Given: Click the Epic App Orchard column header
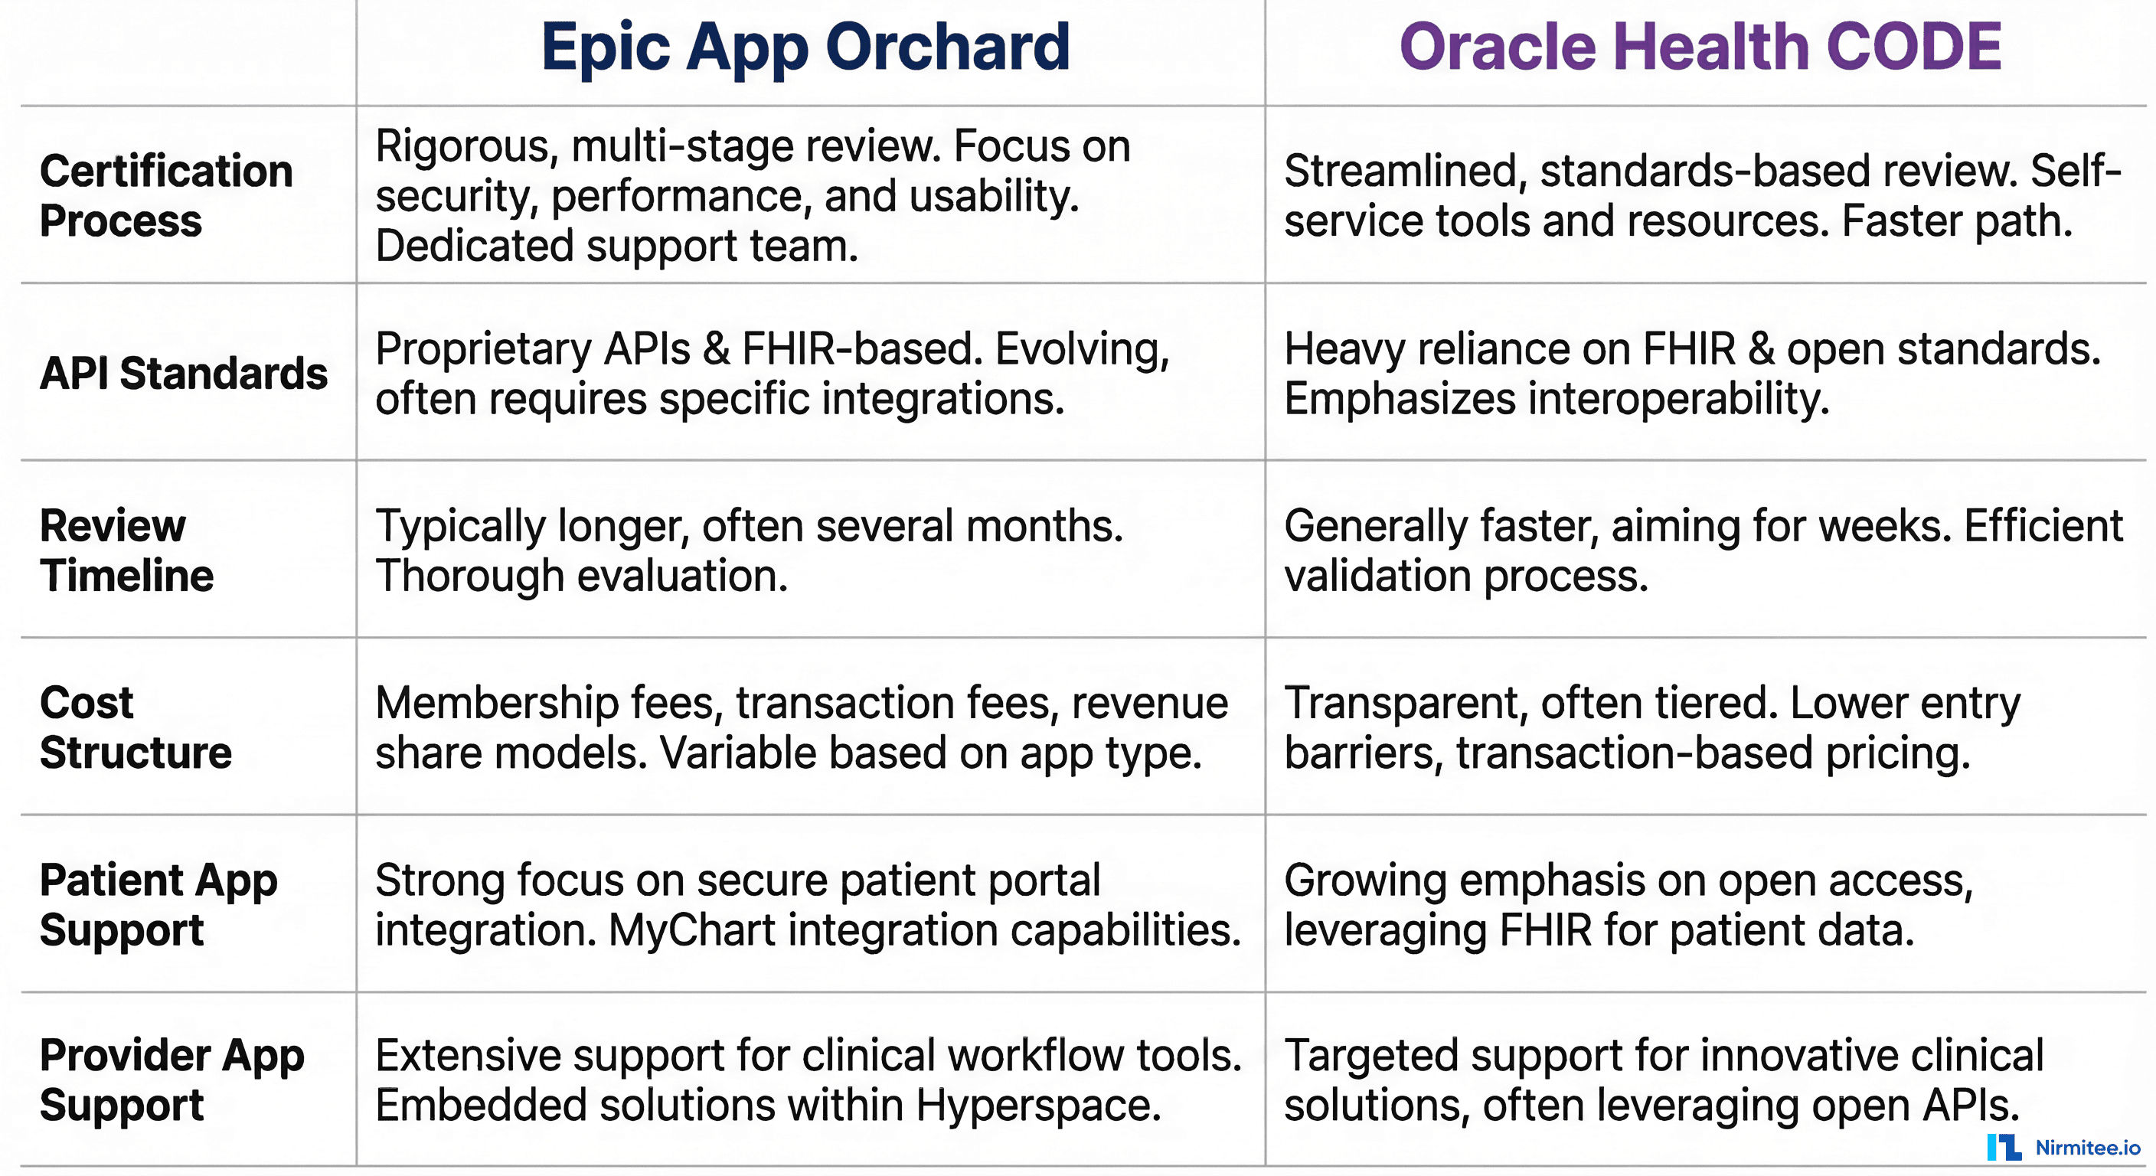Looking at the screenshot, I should [805, 47].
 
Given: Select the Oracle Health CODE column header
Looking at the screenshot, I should [1700, 47].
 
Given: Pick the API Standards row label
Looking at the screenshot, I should [183, 374].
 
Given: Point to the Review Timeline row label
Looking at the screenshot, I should [126, 550].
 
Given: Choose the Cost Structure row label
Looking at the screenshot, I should [135, 727].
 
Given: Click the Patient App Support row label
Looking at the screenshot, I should [158, 905].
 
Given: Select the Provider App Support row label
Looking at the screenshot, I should [171, 1080].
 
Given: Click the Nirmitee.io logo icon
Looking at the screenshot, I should [2004, 1148].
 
